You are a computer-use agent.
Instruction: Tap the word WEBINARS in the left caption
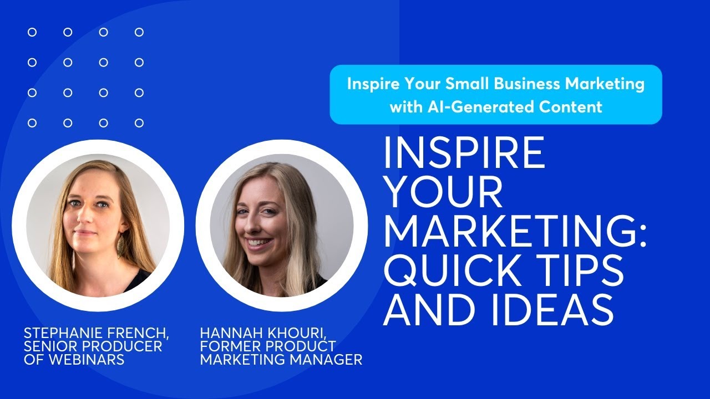click(86, 360)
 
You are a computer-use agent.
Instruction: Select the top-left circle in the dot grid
click(32, 32)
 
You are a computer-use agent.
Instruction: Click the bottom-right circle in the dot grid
click(139, 123)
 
